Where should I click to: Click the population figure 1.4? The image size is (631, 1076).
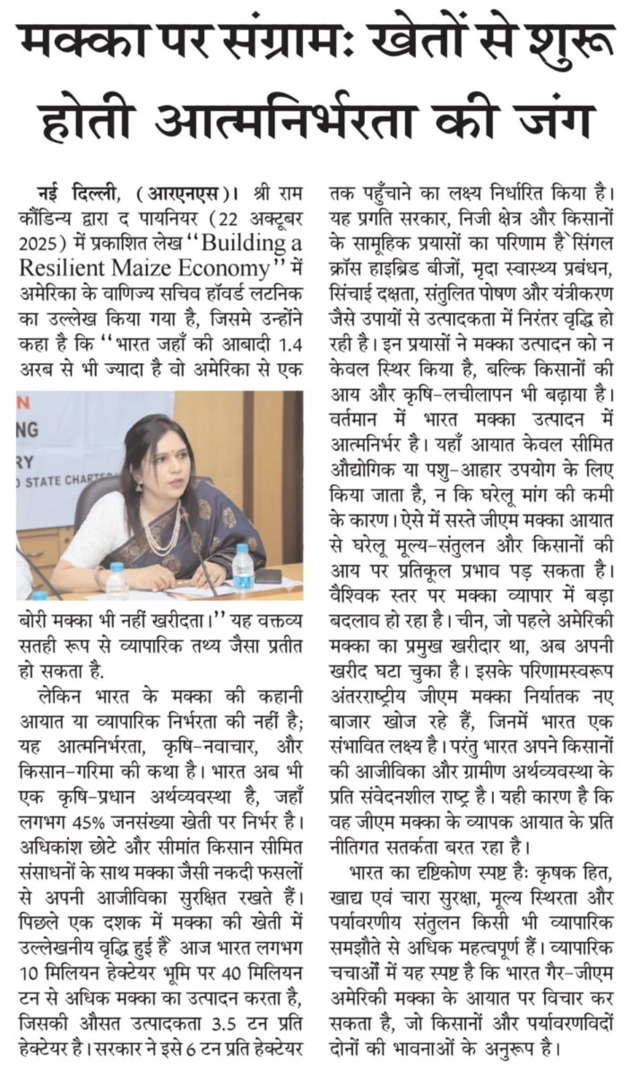point(283,343)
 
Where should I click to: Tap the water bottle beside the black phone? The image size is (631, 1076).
point(243,564)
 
